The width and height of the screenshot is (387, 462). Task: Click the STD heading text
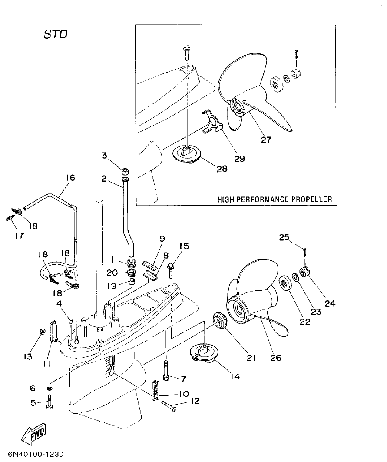[x=55, y=34]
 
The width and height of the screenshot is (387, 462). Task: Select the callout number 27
[x=267, y=140]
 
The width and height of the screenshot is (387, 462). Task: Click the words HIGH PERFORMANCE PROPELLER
[x=275, y=199]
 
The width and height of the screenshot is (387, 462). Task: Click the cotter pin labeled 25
[x=305, y=252]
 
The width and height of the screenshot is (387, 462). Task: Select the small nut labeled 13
[x=42, y=332]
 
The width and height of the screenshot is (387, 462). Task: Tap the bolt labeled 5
[x=50, y=402]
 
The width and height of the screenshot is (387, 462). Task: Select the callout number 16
[x=70, y=177]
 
